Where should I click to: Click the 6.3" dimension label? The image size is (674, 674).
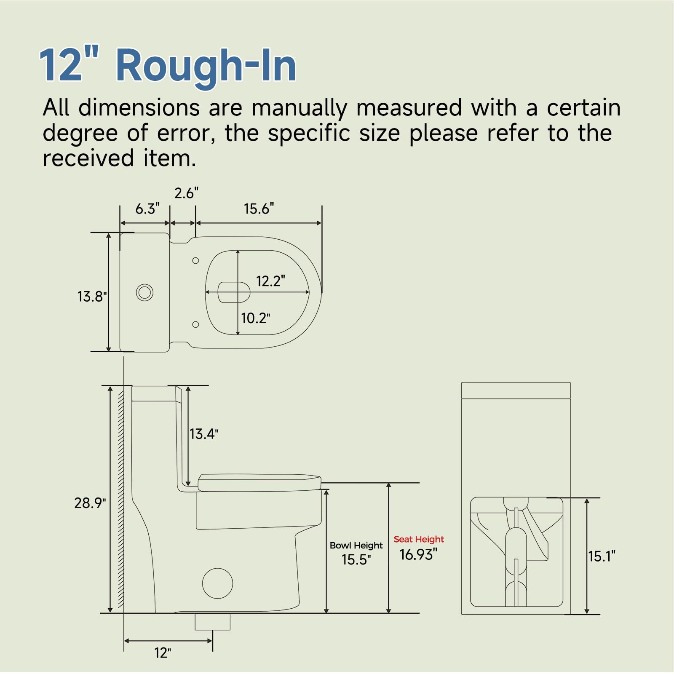[147, 209]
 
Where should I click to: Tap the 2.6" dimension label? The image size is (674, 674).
[186, 193]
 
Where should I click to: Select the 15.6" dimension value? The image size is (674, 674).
[259, 209]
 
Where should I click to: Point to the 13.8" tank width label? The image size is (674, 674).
[92, 297]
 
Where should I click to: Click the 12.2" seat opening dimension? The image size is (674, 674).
[270, 281]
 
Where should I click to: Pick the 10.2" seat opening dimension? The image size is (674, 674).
[255, 318]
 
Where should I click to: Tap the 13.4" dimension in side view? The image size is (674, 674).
[204, 434]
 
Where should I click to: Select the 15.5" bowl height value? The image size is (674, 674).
[356, 559]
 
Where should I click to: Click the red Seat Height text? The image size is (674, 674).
[419, 539]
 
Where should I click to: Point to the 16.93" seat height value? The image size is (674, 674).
[418, 555]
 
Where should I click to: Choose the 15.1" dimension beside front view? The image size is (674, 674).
[602, 556]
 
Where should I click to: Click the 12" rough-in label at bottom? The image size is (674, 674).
[163, 653]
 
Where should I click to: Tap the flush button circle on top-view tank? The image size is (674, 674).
[144, 292]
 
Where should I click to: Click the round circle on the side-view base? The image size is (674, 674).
[217, 583]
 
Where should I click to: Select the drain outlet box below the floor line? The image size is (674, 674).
[212, 622]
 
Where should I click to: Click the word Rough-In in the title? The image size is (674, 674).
[206, 65]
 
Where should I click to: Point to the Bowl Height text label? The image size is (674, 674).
[356, 545]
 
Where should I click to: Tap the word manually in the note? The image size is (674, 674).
[299, 108]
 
